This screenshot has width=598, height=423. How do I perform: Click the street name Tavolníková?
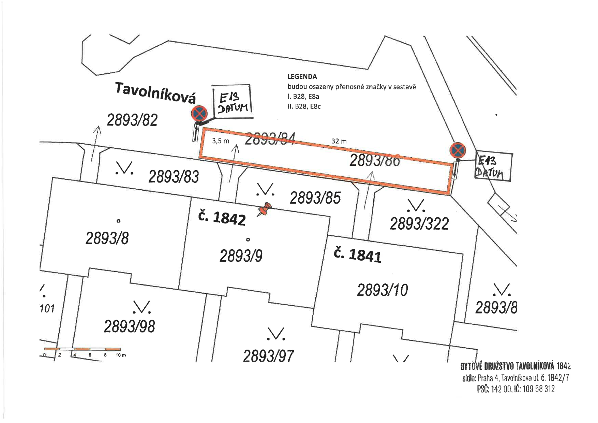[x=155, y=92]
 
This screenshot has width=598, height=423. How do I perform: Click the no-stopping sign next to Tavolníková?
[x=199, y=113]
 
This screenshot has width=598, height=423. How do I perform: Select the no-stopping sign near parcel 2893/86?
[x=458, y=150]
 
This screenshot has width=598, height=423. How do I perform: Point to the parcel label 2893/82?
[x=132, y=120]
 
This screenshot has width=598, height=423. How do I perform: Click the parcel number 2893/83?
[x=174, y=177]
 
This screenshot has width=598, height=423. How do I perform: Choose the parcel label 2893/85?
[x=315, y=198]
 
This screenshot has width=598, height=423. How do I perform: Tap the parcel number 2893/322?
[x=419, y=224]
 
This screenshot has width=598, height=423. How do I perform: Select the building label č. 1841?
[x=357, y=255]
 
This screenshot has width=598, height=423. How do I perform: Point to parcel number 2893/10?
[x=382, y=290]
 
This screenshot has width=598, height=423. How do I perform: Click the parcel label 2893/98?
[x=130, y=326]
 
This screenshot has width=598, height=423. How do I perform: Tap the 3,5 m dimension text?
[x=221, y=141]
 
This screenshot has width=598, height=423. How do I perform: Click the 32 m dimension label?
[x=339, y=141]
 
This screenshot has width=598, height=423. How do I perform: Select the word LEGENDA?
[x=302, y=77]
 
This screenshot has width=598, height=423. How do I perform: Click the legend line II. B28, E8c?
[x=304, y=106]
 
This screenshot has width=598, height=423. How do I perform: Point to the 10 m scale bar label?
[x=121, y=355]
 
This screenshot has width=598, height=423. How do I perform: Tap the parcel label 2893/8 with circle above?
[x=107, y=238]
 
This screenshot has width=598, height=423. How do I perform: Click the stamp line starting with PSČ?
[x=515, y=389]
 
